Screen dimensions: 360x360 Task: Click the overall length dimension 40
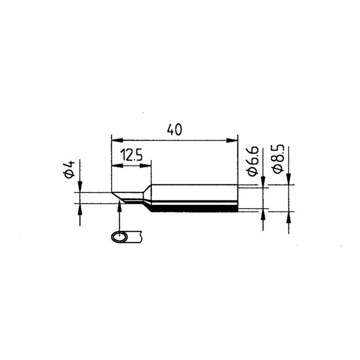tap(175, 130)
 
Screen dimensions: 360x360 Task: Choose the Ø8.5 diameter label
tap(279, 159)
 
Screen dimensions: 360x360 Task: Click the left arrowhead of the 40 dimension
tap(117, 140)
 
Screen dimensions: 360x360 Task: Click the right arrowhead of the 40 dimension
tap(232, 140)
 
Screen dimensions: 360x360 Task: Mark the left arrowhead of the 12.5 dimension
tap(117, 166)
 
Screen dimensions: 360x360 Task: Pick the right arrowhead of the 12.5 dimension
tap(145, 166)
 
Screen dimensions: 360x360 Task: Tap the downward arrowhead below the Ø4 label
tap(80, 186)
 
